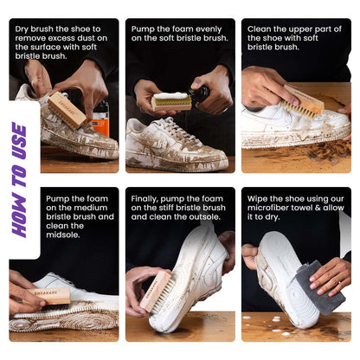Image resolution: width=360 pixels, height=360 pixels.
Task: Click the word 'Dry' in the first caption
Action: coord(25,29)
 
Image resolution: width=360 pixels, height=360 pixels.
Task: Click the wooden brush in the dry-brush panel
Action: coord(67,110)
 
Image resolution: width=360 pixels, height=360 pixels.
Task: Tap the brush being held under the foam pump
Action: coord(171,101)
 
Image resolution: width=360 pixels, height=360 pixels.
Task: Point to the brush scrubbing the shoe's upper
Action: coord(304,102)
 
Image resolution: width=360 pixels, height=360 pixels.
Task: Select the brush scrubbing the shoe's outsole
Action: coord(156,291)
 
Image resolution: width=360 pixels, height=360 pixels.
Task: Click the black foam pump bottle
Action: coord(202,94)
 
